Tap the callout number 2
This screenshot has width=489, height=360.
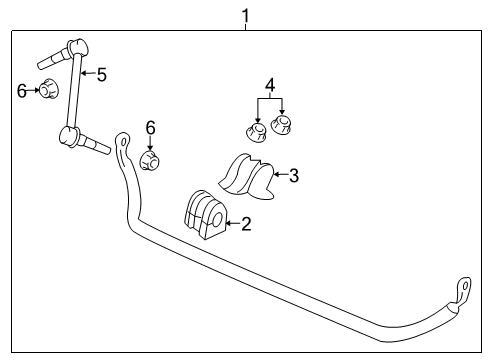click(246, 224)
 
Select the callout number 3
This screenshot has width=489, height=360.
click(293, 176)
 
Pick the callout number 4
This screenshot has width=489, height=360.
click(268, 85)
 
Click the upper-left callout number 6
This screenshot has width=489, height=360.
click(22, 91)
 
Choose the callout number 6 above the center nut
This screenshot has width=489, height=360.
click(150, 127)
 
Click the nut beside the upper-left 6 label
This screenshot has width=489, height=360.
click(46, 91)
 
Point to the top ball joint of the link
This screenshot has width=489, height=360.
click(75, 45)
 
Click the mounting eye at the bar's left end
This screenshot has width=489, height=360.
click(122, 141)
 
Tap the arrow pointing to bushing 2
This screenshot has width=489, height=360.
click(230, 224)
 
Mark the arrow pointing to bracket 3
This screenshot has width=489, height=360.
click(278, 176)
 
